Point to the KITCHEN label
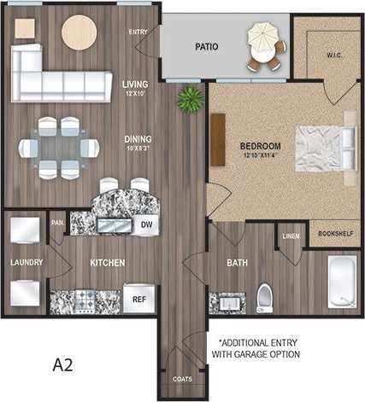tap(108, 262)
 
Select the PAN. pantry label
tap(58, 221)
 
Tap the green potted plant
tap(185, 101)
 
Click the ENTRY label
tap(138, 32)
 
